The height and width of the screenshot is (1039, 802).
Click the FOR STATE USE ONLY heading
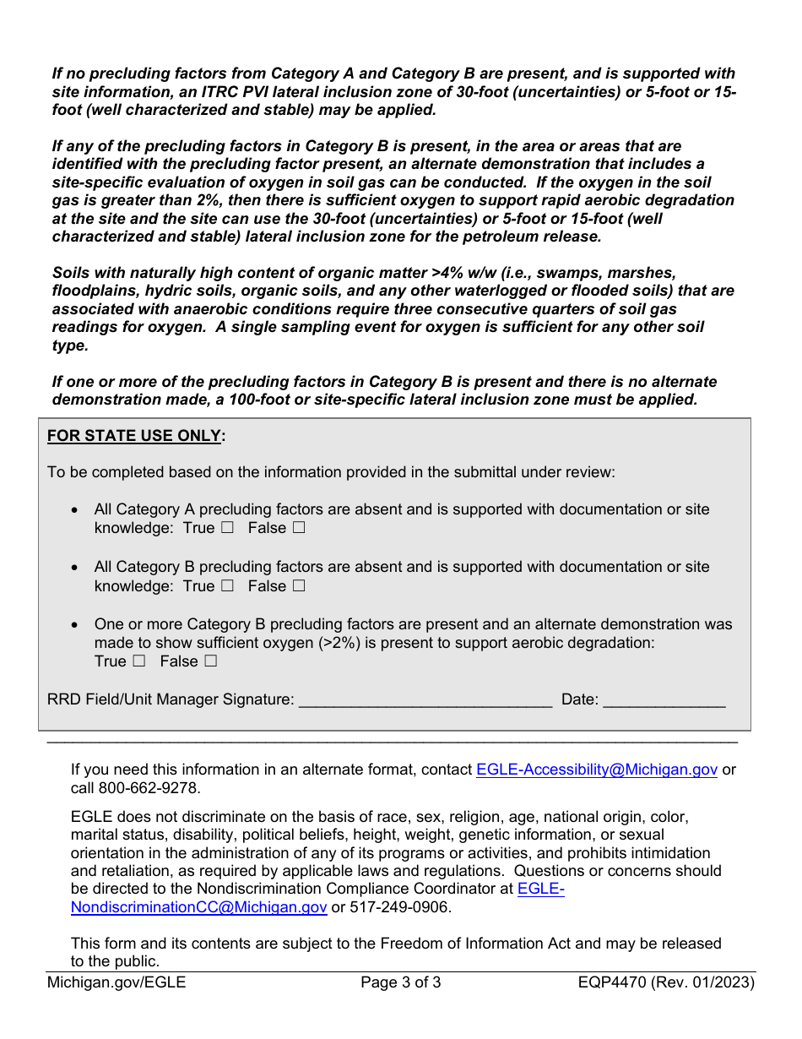136,436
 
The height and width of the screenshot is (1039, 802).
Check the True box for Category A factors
227,528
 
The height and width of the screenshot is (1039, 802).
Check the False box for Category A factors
298,528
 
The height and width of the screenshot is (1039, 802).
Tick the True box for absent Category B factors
227,585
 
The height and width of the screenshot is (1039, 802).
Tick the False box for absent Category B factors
298,585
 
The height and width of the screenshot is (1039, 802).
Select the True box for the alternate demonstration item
139,661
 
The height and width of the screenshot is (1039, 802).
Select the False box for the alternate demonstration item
210,661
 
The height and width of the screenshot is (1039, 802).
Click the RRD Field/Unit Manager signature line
425,699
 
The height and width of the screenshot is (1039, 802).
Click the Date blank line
664,699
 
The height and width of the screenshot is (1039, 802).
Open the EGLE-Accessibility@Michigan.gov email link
597,770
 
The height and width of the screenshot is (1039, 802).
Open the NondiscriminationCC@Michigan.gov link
198,907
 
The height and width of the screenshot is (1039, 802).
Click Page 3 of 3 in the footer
400,982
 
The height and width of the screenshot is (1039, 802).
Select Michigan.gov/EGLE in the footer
117,982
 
